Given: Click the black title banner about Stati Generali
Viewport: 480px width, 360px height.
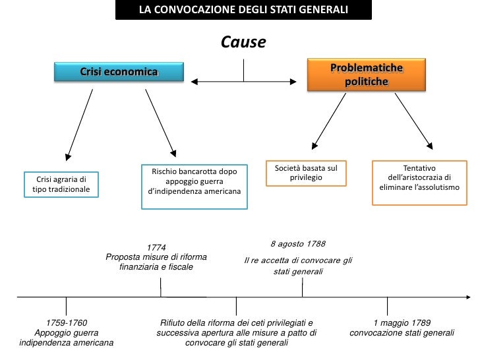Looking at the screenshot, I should (243, 10).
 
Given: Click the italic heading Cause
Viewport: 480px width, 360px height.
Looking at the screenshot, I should (243, 43).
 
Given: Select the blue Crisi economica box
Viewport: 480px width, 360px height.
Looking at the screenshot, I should (118, 72).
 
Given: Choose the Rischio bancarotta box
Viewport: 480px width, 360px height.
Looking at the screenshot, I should (195, 187).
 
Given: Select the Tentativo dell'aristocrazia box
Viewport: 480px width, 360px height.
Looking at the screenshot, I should (419, 183).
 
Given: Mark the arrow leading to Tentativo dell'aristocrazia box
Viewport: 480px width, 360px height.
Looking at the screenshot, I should (407, 119).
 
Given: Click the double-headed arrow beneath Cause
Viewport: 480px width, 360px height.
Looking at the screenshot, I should (244, 82).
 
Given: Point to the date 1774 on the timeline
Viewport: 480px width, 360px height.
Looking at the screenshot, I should (156, 247).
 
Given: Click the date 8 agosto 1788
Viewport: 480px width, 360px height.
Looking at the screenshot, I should (297, 243).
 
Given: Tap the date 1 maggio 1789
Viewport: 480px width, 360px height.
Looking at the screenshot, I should (402, 323).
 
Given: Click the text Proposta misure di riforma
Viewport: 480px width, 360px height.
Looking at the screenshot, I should (156, 256).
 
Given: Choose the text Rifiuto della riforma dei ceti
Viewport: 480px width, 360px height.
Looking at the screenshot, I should (236, 323).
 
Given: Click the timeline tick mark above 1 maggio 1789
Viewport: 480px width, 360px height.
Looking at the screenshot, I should (387, 305).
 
